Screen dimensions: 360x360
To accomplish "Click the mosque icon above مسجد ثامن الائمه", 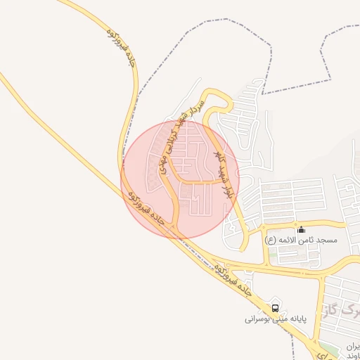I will tap(302, 229).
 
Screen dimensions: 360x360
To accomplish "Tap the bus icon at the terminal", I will tap(275, 307).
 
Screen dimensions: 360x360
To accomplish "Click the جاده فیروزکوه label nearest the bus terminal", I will tap(233, 279).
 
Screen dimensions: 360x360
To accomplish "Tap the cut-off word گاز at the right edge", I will tap(348, 307).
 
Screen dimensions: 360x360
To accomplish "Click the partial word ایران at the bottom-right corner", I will tap(352, 347).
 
